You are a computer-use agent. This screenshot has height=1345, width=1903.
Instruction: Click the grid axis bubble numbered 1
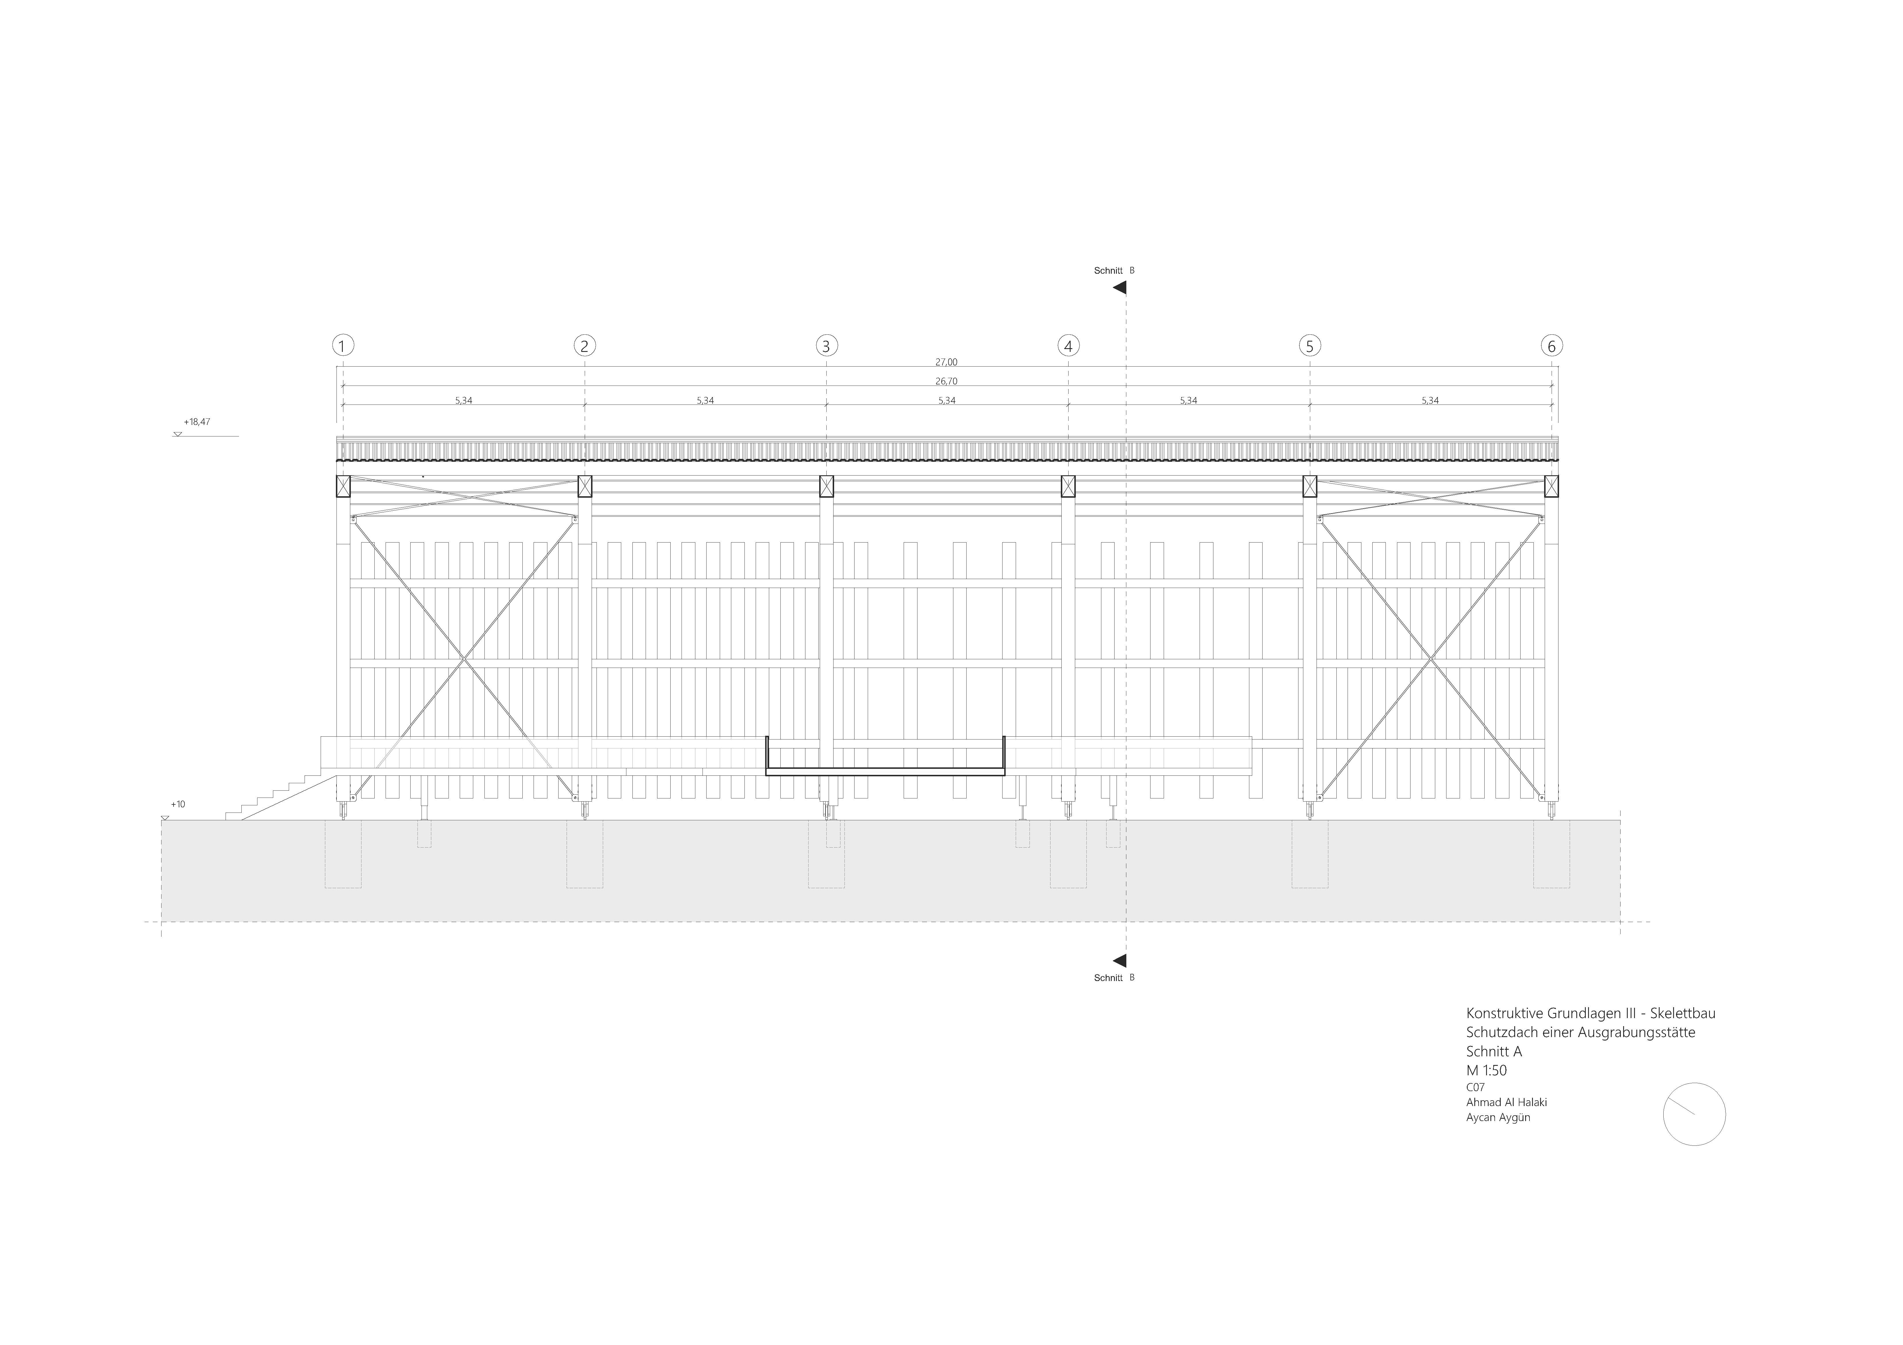[342, 346]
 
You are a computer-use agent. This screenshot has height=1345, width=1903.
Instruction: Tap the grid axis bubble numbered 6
[1552, 346]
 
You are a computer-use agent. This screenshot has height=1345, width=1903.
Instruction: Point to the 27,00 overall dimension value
[946, 362]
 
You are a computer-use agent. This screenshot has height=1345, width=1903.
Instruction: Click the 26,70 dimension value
[946, 382]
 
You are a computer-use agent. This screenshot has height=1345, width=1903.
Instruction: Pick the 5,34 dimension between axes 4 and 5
[1188, 401]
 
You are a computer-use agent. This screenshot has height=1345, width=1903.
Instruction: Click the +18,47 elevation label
[197, 422]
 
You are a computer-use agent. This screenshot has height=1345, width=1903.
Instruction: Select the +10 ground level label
[178, 804]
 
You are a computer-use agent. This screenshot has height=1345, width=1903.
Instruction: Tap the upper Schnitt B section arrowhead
[1120, 288]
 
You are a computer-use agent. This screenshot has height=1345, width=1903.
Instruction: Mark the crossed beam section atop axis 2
[584, 486]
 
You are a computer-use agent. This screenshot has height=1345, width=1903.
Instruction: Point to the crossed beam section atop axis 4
[1068, 486]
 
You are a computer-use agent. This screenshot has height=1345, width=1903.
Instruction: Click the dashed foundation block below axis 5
[1310, 854]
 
